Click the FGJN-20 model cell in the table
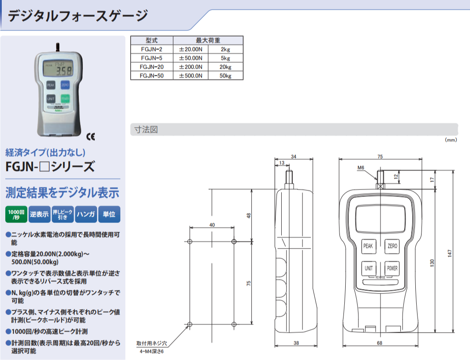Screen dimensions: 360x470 click(151, 67)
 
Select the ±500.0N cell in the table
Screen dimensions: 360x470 click(190, 76)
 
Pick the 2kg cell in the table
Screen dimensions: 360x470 click(225, 49)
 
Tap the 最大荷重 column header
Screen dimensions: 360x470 click(208, 40)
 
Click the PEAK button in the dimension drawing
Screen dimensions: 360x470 click(368, 246)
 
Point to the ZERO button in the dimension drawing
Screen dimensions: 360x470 click(392, 246)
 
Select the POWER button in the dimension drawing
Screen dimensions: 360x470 click(392, 268)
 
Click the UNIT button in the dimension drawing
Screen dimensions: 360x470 click(368, 268)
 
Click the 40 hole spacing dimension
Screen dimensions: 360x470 click(212, 225)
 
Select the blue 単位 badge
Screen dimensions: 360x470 click(109, 215)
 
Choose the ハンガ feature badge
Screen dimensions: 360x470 click(86, 215)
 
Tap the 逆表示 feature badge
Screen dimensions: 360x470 click(39, 215)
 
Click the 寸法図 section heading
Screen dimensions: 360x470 click(146, 130)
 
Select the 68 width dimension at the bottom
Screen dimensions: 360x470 click(380, 343)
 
